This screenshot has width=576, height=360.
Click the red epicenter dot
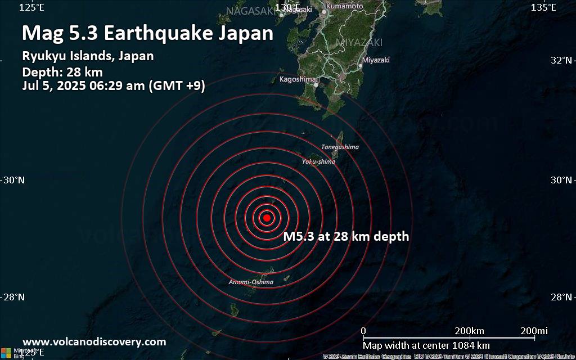pos(267,218)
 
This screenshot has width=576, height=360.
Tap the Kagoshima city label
pos(298,79)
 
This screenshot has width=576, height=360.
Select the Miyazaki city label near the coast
pos(376,60)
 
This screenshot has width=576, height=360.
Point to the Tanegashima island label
pos(340,147)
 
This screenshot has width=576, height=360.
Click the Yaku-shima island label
pos(318,161)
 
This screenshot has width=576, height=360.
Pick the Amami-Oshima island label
pos(251,282)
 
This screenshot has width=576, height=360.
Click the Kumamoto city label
pos(344,6)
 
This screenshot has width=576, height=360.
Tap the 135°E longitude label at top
pos(543,7)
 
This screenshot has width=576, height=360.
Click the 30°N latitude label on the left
pos(14,180)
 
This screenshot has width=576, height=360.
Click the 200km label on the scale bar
pos(469,330)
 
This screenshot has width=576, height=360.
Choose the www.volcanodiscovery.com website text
pos(94,341)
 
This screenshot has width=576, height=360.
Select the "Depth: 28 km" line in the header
pos(62,71)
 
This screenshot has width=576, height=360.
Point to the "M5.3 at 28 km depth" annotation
pos(346,237)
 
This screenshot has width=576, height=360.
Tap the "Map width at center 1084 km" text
pos(426,345)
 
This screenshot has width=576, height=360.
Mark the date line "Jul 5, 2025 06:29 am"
pos(113,86)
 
